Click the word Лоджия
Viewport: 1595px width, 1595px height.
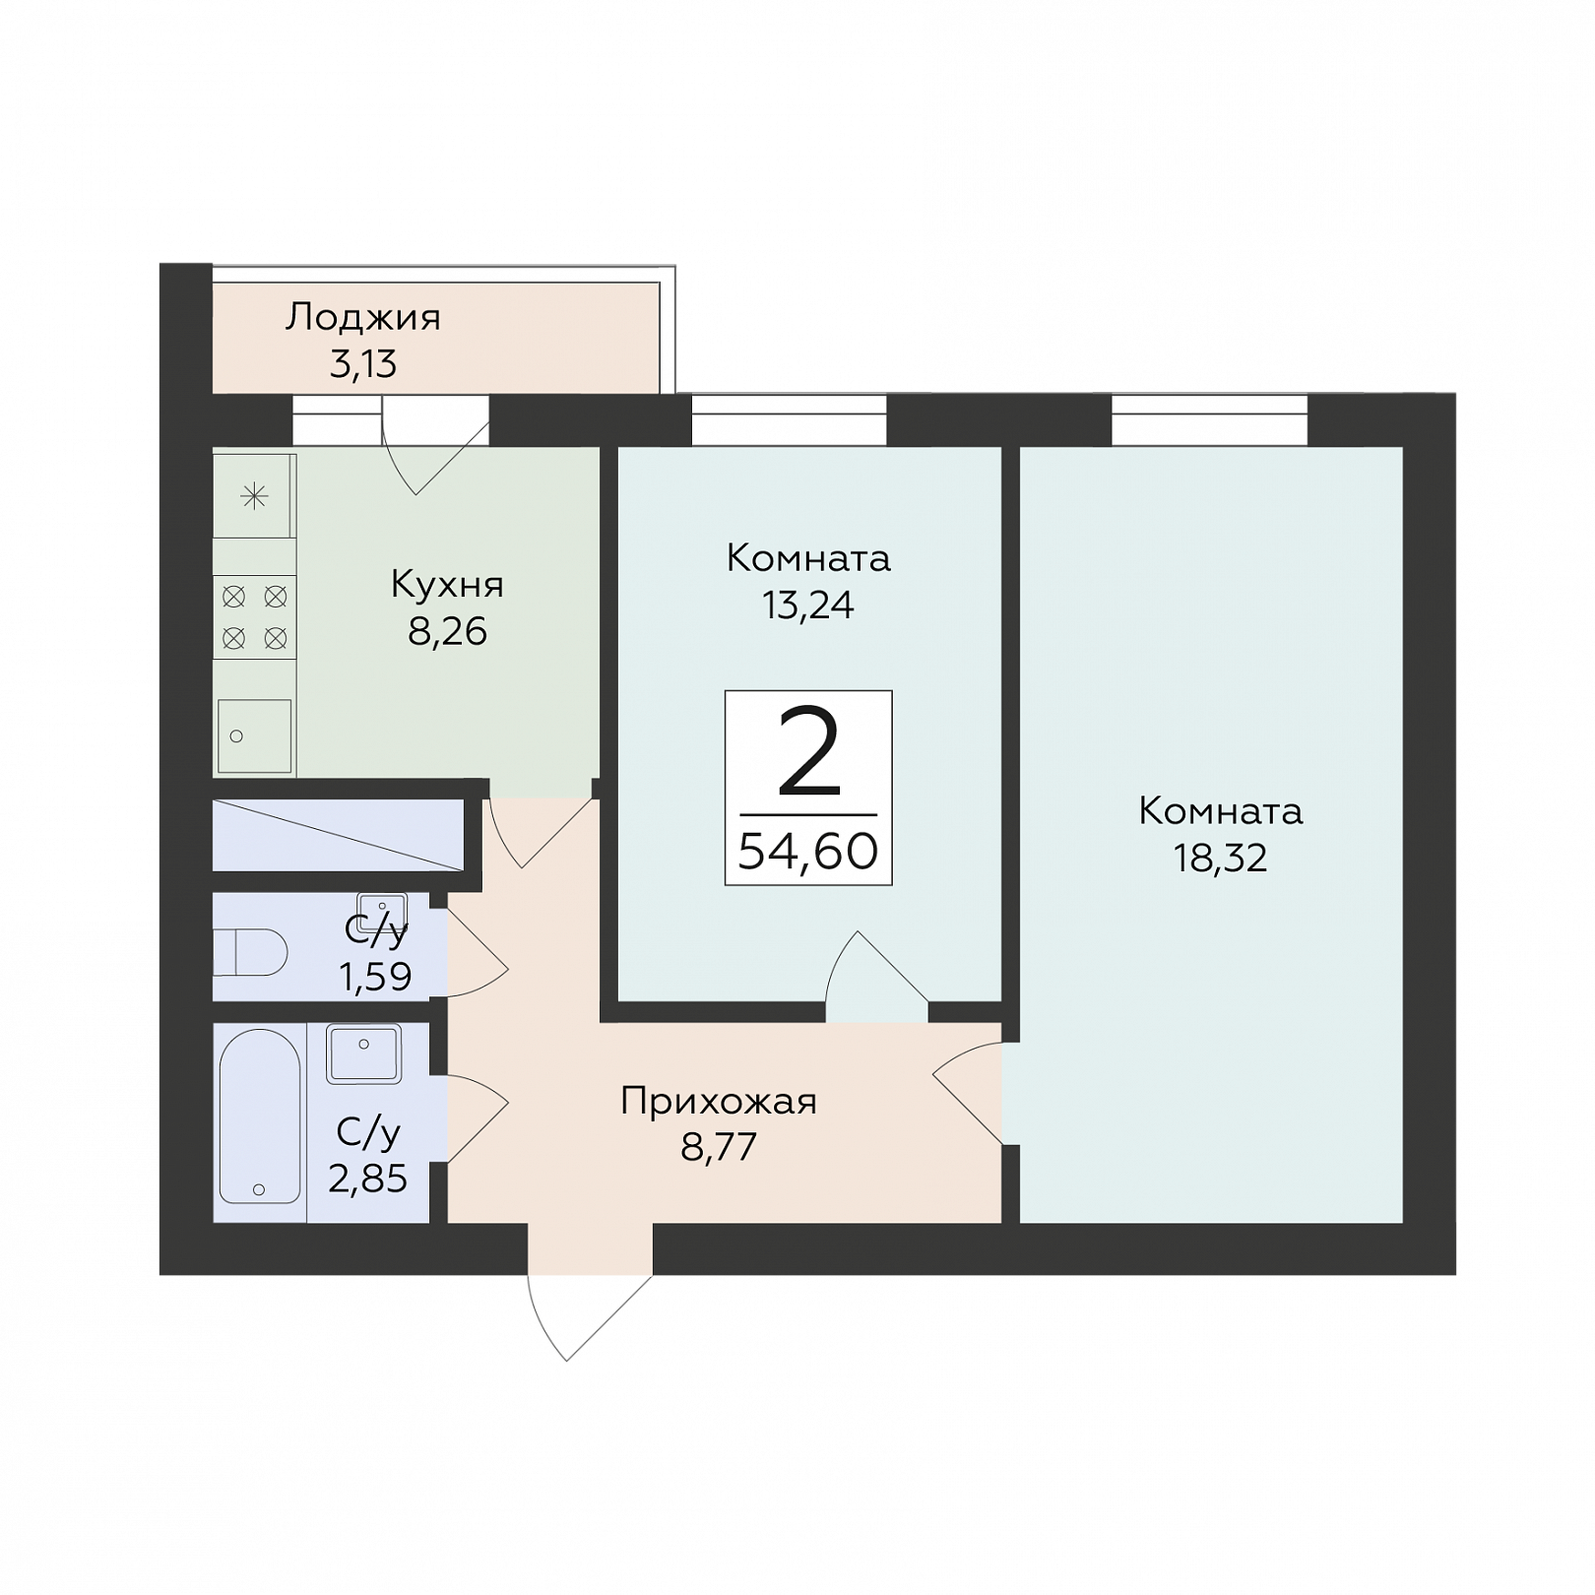coord(362,319)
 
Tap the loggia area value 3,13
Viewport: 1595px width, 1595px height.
coord(362,364)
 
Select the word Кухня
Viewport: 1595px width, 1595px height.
coord(447,585)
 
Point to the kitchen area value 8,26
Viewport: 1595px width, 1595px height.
coord(447,632)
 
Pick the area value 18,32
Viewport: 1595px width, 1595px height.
coord(1220,859)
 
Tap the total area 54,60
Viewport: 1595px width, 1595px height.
coord(807,852)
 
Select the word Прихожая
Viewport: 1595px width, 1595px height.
coord(719,1102)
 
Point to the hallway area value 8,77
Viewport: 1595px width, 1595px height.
coord(719,1148)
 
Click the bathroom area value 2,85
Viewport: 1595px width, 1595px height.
coord(367,1179)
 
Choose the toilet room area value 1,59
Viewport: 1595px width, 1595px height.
coord(375,977)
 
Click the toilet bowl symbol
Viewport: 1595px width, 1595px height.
coord(250,952)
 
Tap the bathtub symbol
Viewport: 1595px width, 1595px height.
coord(260,1116)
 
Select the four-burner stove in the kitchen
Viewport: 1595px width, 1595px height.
coord(254,617)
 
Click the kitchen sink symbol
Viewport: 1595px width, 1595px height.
coord(254,735)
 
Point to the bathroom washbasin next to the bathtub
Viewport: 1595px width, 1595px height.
coord(363,1053)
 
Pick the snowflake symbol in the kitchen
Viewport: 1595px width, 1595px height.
coord(254,496)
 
